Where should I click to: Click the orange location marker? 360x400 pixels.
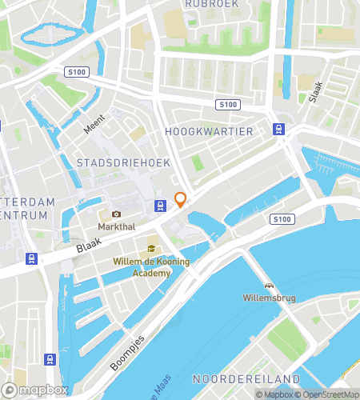pos(181,200)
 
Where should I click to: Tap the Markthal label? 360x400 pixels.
pos(117,226)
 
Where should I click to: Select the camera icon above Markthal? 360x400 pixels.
pos(117,214)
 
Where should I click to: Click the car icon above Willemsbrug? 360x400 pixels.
pos(269,286)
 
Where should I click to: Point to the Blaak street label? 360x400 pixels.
pos(86,249)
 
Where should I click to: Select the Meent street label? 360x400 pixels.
pos(94,123)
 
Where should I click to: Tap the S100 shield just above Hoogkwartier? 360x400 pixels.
pos(228,105)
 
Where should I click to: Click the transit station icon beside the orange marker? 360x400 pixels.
pos(161,205)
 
